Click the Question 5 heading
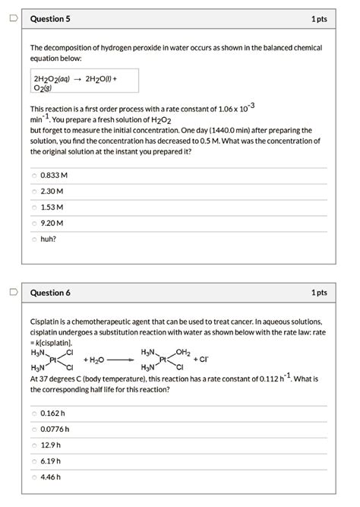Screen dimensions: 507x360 [x=50, y=19]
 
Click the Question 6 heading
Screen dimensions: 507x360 [x=50, y=293]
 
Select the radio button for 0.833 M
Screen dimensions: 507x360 [x=34, y=175]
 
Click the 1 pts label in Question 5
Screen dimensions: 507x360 [x=319, y=19]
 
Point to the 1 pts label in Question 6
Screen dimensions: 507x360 [x=319, y=293]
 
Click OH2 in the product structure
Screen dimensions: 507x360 [x=183, y=351]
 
